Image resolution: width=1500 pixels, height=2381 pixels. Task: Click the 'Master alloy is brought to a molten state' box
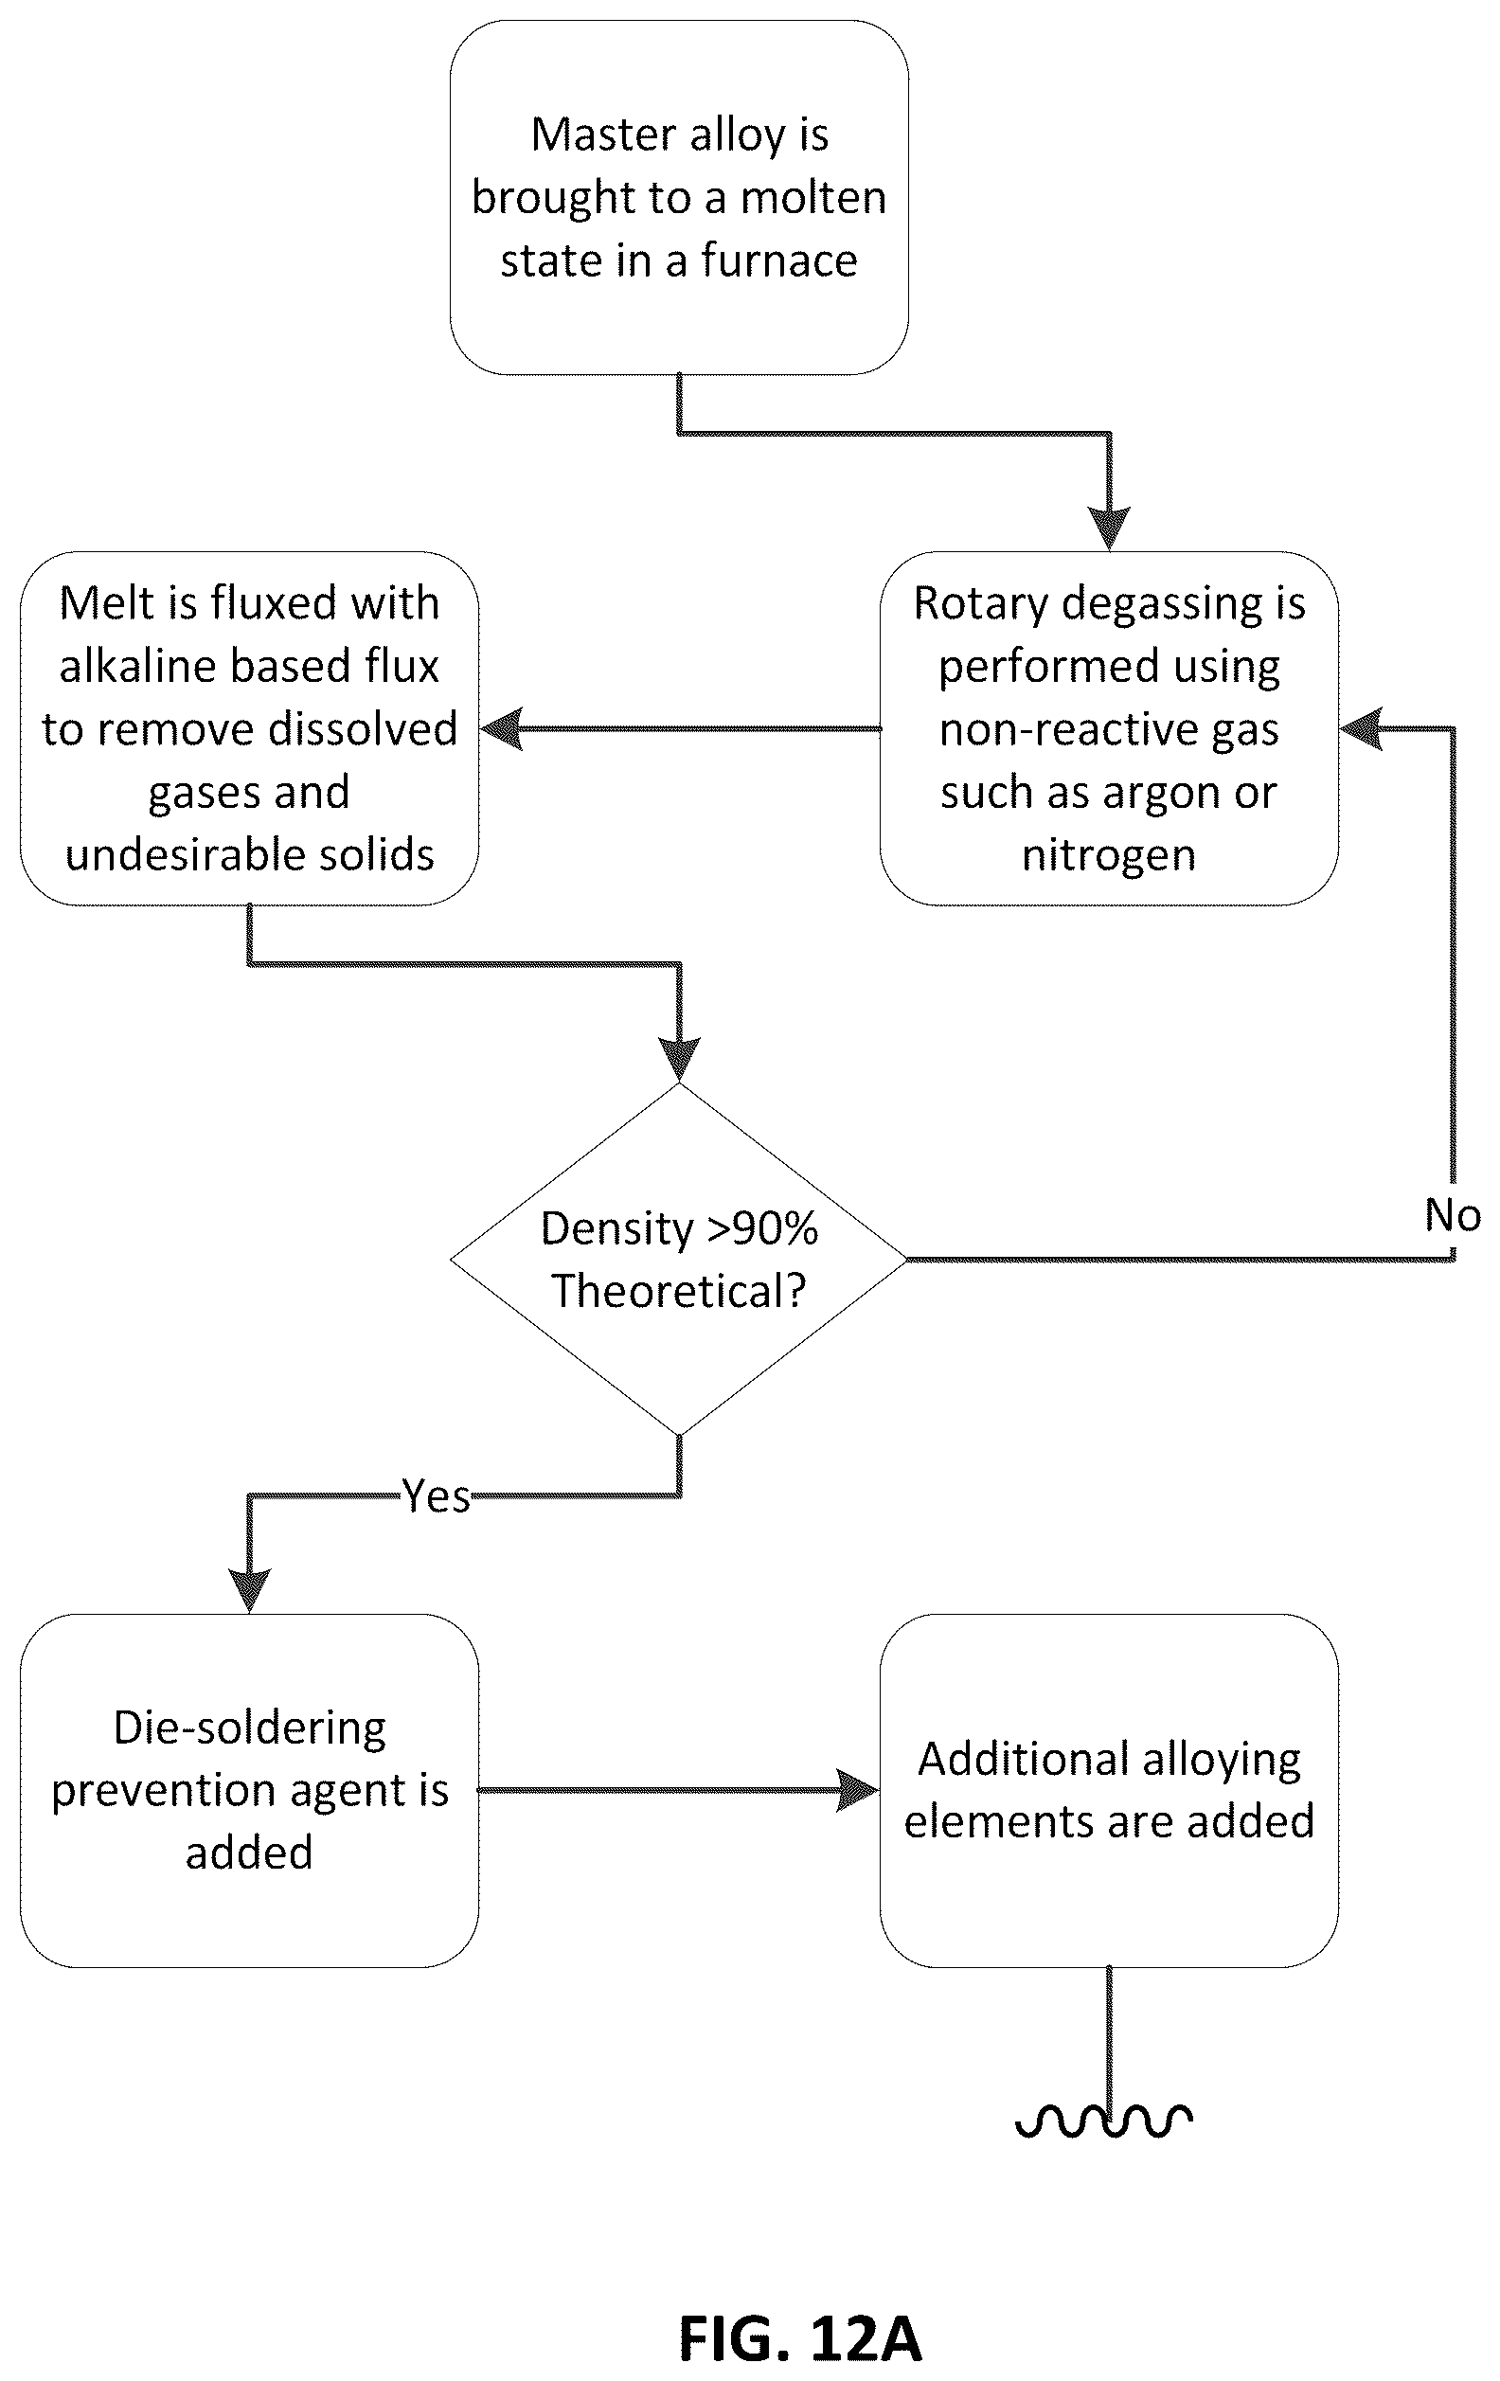[679, 198]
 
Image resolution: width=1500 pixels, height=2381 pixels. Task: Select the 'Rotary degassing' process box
[1109, 727]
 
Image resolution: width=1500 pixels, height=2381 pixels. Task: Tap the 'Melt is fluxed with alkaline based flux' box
[249, 727]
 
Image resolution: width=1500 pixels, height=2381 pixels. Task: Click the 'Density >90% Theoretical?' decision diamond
[679, 1259]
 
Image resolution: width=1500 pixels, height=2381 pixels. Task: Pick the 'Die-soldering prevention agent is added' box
[249, 1790]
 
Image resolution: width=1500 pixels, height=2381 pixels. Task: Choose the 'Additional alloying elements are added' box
[1109, 1790]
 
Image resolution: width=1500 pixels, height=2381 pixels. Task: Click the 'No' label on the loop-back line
[1453, 1215]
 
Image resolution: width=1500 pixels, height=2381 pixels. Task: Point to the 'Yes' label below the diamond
[436, 1496]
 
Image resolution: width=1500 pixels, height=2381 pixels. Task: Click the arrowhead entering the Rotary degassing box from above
[1110, 529]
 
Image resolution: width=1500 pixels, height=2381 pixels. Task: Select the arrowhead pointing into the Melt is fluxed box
[501, 728]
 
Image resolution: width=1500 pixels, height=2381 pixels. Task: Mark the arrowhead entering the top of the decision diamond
[679, 1060]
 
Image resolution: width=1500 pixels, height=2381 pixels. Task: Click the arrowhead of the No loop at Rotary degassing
[1361, 728]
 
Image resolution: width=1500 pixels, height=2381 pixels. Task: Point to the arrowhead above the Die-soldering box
[249, 1591]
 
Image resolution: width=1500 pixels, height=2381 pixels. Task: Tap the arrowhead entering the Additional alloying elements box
[858, 1791]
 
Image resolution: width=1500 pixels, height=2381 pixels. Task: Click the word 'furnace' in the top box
[779, 261]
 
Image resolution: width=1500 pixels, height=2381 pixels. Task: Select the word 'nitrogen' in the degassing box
[1109, 854]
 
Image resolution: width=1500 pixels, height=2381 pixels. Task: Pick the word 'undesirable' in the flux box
[178, 854]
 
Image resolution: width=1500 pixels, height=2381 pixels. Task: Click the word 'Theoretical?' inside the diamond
[679, 1290]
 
